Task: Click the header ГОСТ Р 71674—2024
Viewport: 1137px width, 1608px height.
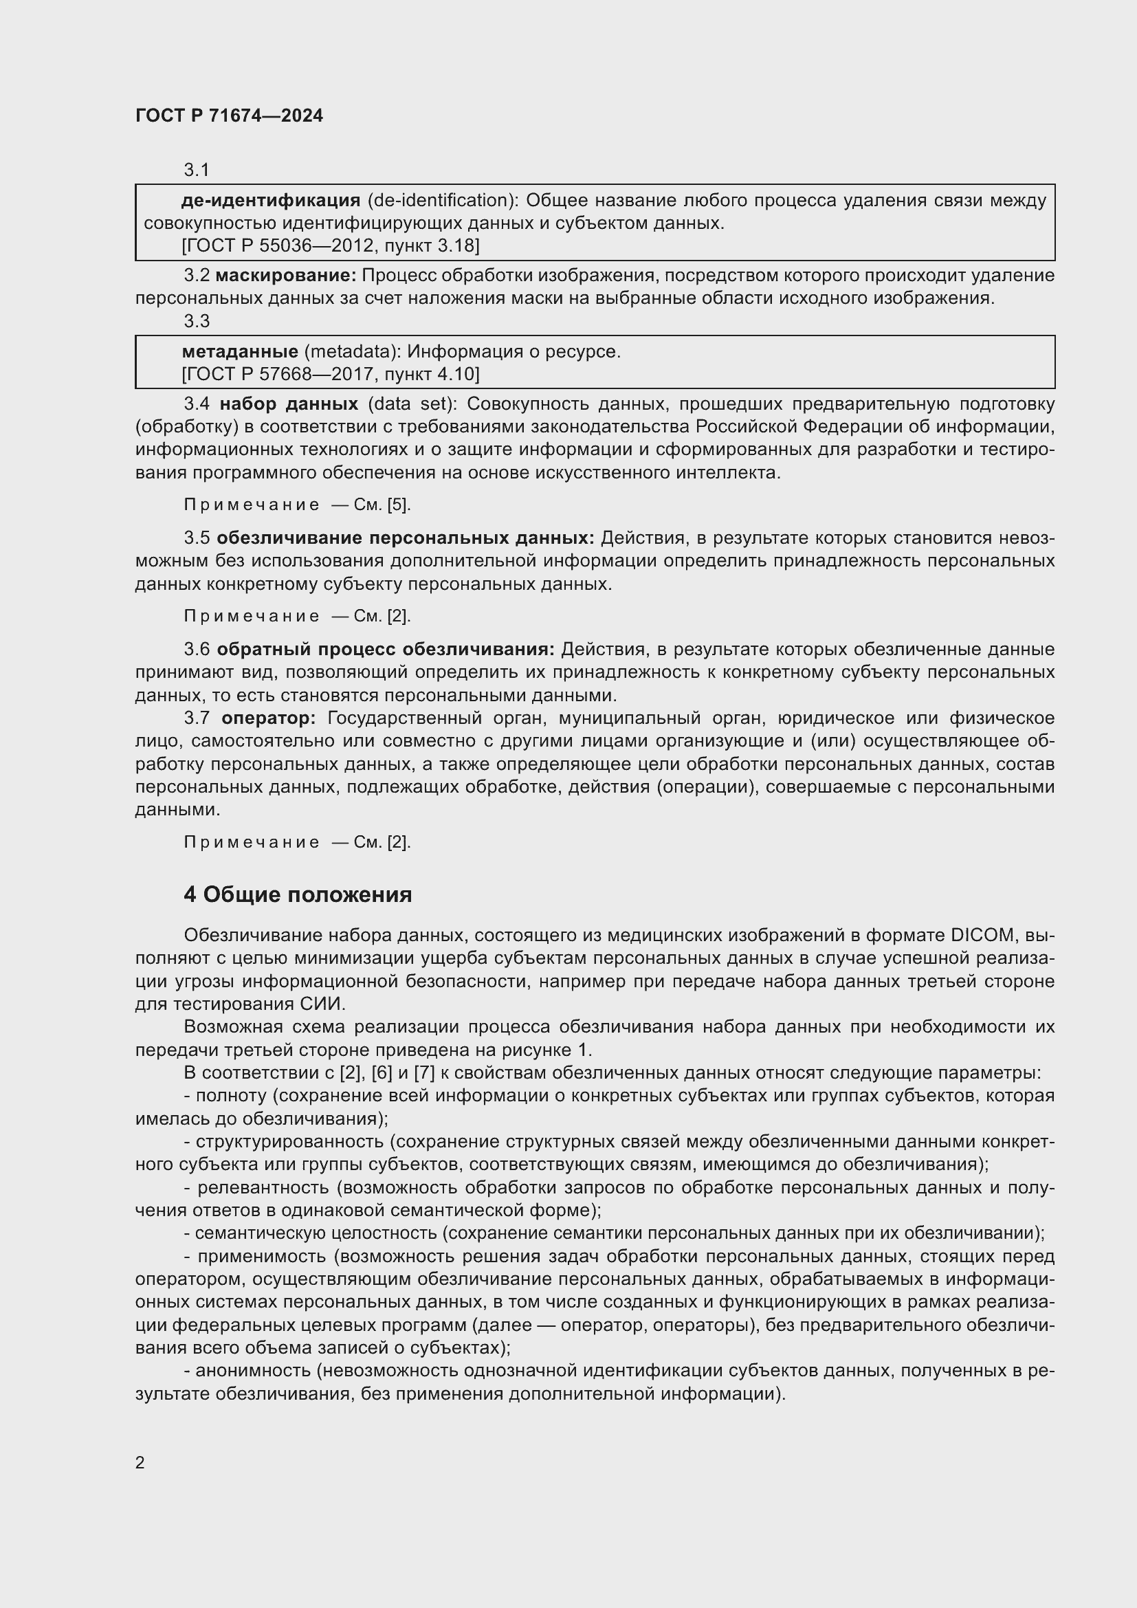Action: point(229,116)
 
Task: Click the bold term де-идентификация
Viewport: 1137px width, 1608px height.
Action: point(270,201)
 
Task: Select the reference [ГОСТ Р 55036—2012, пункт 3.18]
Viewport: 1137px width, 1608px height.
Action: point(330,246)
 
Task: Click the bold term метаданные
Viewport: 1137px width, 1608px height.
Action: point(239,351)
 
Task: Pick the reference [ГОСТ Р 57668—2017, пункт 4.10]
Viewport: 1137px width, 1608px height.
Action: point(330,375)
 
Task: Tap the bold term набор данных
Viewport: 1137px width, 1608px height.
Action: point(289,405)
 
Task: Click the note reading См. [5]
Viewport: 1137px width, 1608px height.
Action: point(382,505)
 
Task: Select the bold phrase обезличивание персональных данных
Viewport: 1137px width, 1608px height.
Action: point(406,538)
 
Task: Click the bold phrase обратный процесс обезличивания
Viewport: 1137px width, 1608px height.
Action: point(385,650)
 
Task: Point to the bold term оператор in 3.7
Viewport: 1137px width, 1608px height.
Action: point(269,718)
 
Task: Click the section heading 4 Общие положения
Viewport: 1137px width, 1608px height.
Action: point(298,895)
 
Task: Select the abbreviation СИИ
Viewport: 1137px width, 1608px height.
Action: point(323,1004)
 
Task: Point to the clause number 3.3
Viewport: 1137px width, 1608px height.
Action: point(197,322)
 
